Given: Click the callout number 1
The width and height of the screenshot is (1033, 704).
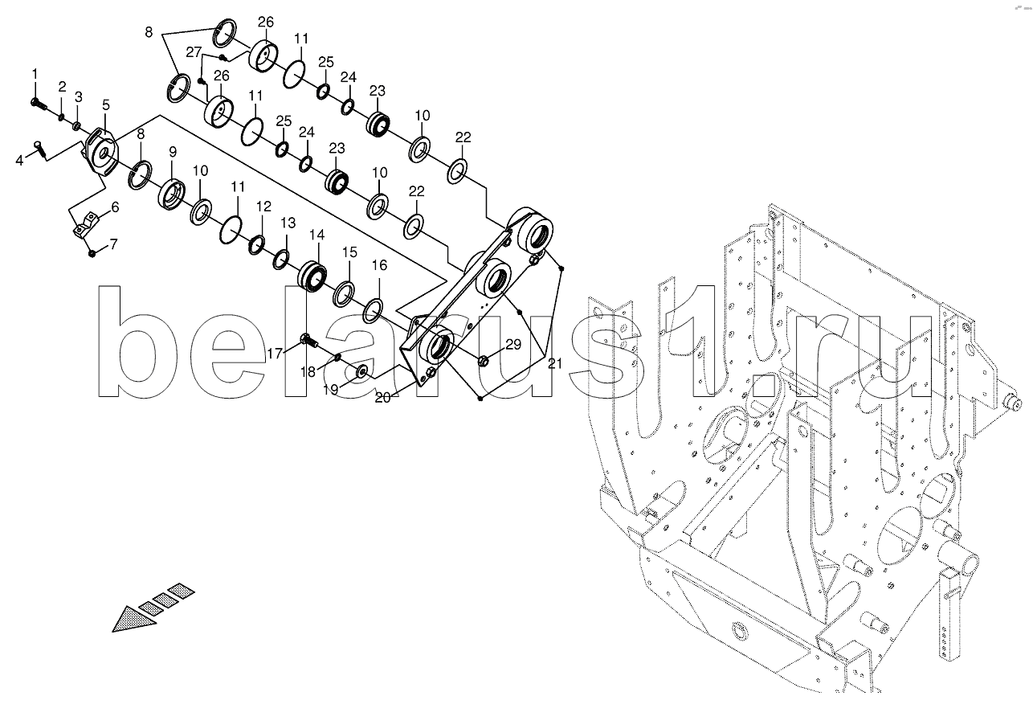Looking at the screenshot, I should [x=35, y=74].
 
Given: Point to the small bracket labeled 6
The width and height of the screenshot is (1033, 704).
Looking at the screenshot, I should [x=86, y=225].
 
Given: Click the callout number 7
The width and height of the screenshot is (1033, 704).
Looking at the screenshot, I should [x=113, y=244].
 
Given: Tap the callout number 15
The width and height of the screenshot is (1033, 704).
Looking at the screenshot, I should [x=349, y=252].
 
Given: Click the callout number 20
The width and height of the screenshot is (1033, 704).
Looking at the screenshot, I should [x=383, y=397].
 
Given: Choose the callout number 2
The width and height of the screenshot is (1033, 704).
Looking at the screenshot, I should [x=62, y=86].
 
